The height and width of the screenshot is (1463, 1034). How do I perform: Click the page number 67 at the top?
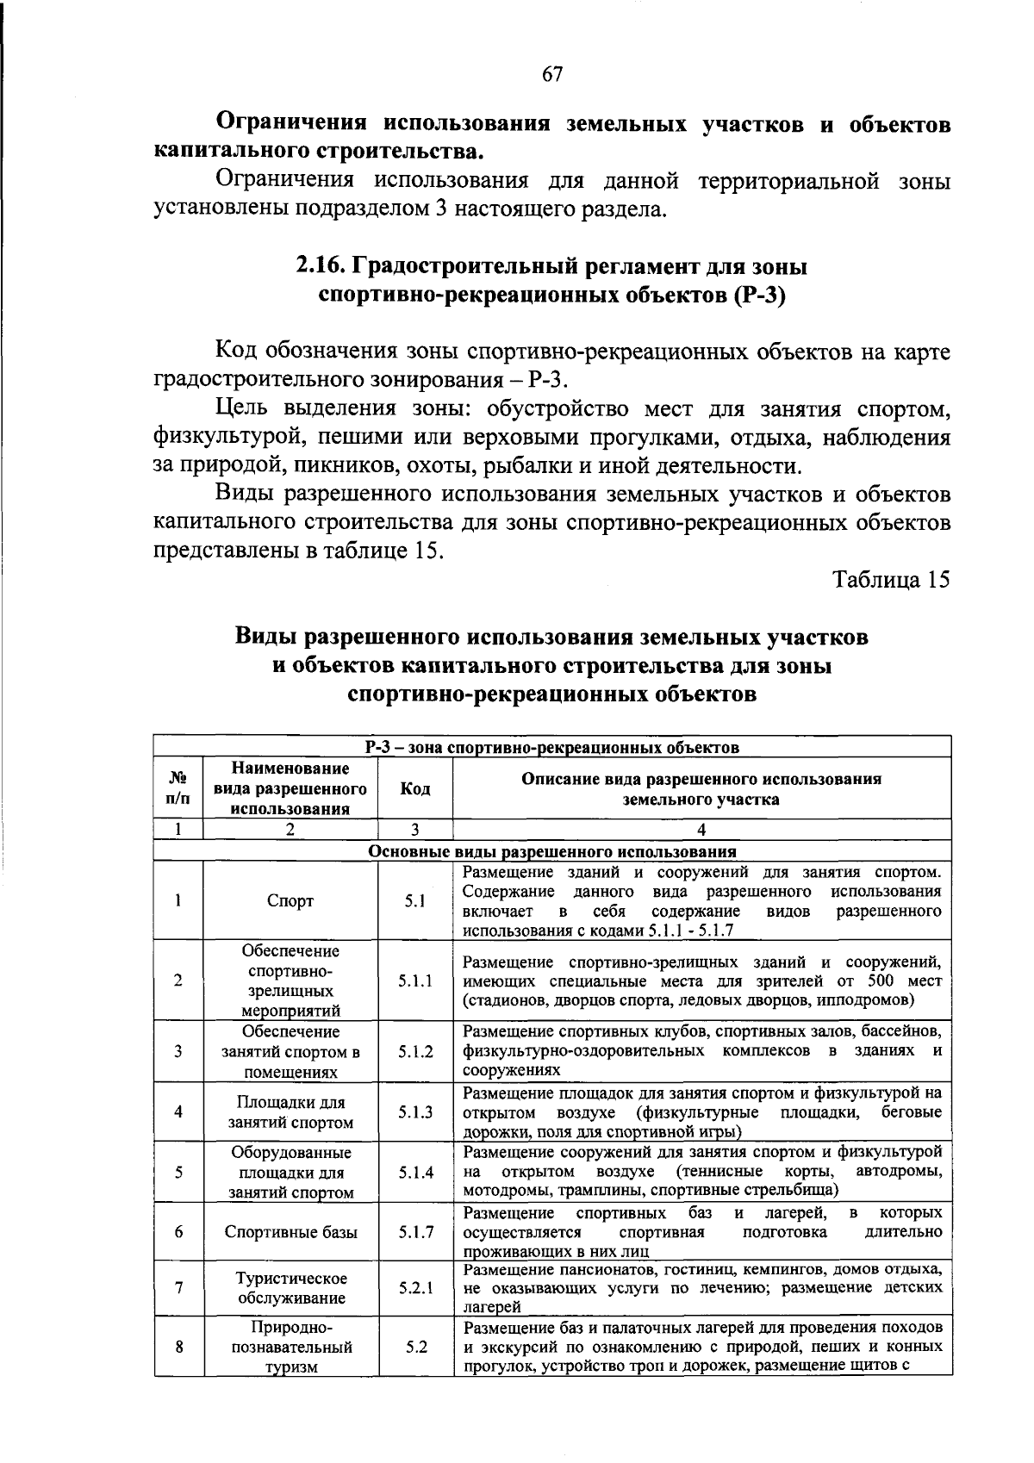(x=552, y=75)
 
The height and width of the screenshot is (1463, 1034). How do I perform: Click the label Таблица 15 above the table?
(x=891, y=580)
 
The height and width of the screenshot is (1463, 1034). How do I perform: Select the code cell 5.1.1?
(x=415, y=981)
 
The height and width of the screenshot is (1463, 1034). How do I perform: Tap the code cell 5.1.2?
(x=415, y=1051)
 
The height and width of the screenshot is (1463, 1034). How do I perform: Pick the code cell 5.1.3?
(x=415, y=1111)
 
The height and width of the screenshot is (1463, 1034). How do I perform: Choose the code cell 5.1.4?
(x=415, y=1172)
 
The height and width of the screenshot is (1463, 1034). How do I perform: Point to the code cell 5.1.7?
(x=415, y=1232)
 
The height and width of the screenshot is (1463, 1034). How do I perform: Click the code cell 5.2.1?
(x=415, y=1288)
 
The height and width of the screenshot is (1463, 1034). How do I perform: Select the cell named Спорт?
(x=290, y=901)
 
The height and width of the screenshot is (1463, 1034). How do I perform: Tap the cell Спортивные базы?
(x=290, y=1232)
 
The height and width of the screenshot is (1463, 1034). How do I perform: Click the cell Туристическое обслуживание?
(x=290, y=1288)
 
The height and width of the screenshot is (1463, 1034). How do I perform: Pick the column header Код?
(x=415, y=789)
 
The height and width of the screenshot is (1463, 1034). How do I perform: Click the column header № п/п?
(x=178, y=789)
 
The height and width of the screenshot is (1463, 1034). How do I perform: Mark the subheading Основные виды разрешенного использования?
(x=552, y=852)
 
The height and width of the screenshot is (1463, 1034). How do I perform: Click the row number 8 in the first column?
(x=178, y=1347)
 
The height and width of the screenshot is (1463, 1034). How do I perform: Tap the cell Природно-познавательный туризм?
(x=290, y=1347)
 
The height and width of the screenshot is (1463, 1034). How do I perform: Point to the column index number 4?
(x=701, y=830)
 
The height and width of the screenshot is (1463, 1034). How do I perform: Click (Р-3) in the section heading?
(x=759, y=296)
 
